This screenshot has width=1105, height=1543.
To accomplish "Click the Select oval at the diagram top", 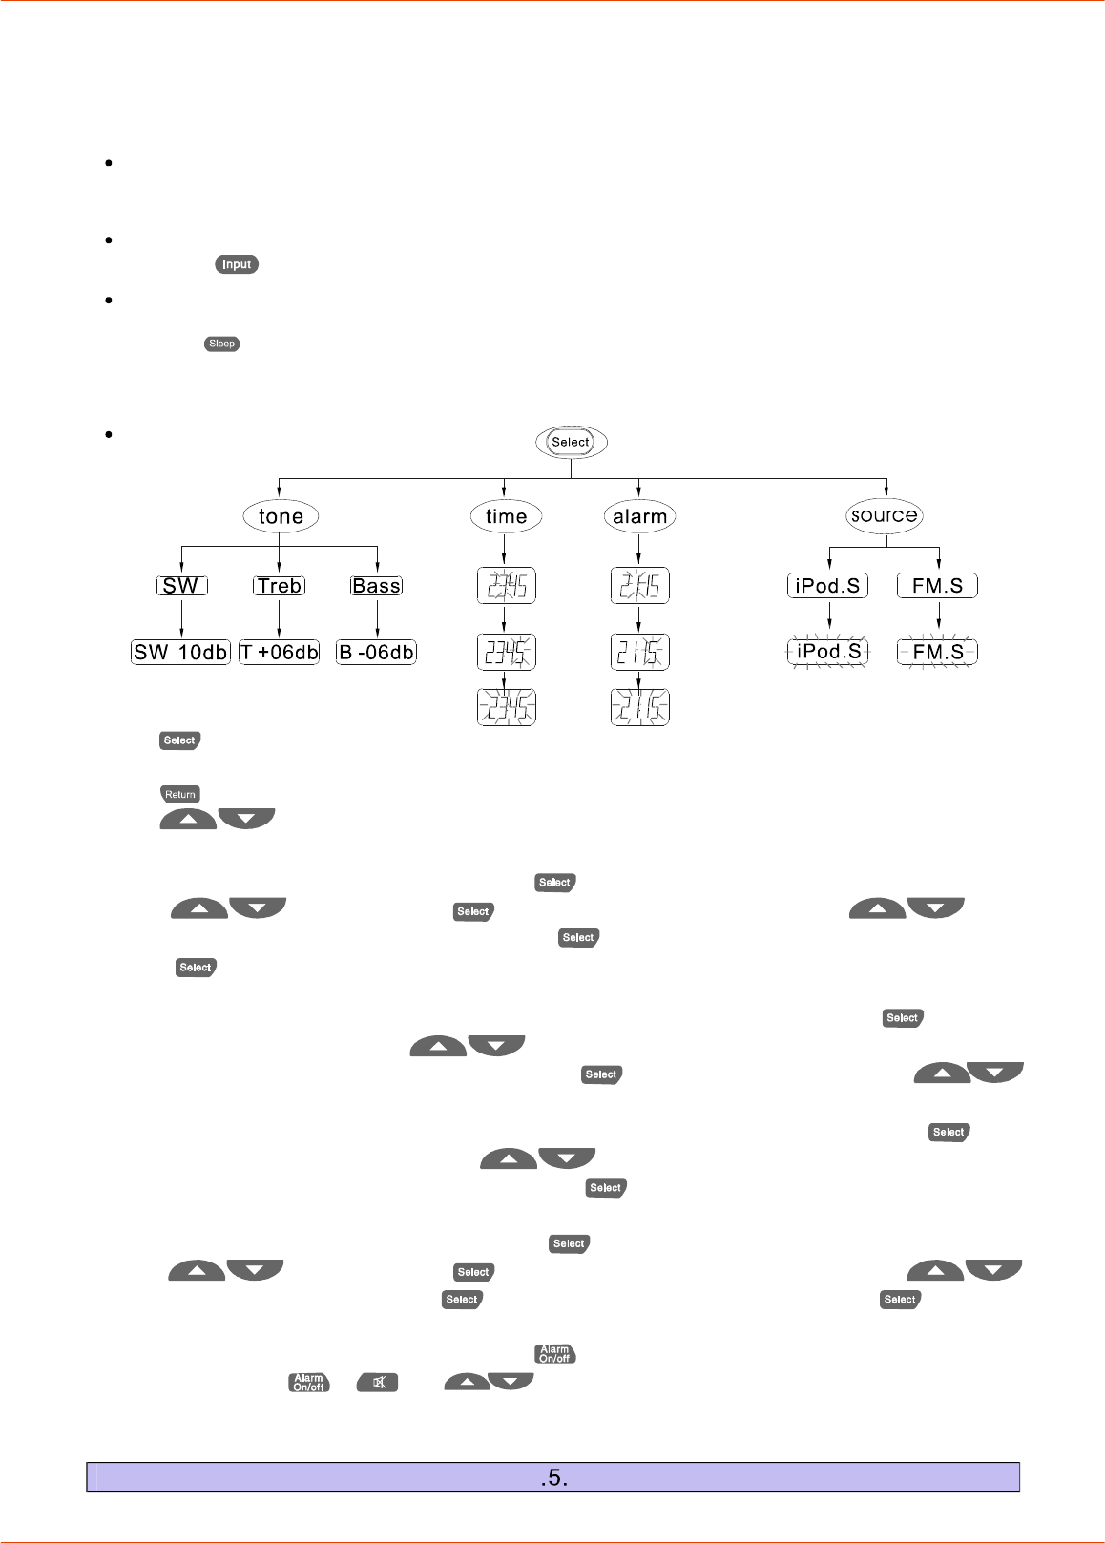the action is [571, 442].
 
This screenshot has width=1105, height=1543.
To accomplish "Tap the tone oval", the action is [281, 516].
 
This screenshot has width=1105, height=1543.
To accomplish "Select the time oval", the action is [506, 516].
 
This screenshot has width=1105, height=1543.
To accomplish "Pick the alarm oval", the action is [639, 516].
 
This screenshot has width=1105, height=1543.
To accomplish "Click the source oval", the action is [885, 515].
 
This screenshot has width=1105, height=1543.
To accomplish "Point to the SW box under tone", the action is [181, 586].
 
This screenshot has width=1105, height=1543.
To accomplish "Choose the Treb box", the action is [279, 586].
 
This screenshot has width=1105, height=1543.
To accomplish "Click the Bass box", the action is [376, 586].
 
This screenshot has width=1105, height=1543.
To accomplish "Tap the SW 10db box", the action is [180, 653].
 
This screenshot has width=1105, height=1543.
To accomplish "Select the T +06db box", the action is [279, 653].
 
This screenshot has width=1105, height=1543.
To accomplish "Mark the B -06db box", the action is [376, 653].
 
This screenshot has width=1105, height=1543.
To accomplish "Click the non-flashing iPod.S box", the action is [827, 586].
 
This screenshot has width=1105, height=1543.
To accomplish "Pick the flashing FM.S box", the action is [937, 652].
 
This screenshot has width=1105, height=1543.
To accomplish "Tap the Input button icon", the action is [237, 264].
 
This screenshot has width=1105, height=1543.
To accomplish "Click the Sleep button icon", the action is [221, 344].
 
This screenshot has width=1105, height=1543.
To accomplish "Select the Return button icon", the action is [179, 794].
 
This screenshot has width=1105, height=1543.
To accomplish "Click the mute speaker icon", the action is [378, 1382].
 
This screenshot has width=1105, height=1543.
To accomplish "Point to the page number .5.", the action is [553, 1478].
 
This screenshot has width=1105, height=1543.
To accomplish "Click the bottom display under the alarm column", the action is [639, 707].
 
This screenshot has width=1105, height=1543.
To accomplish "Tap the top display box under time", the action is [506, 586].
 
